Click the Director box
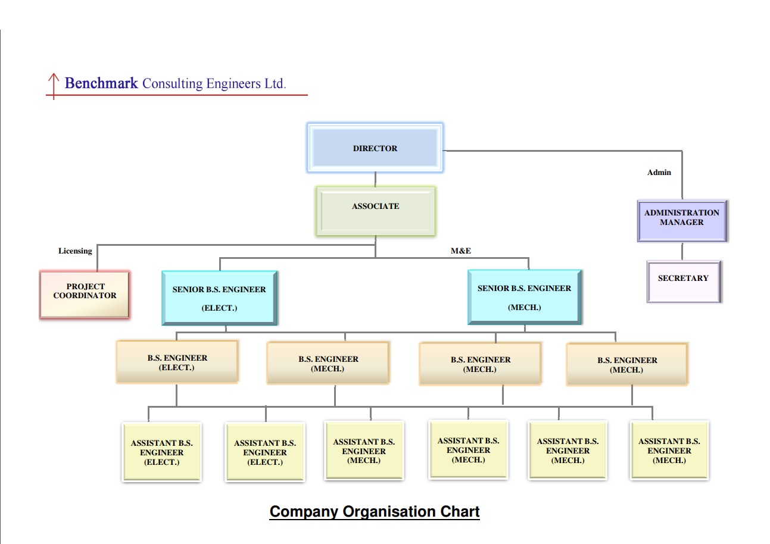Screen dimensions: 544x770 (x=375, y=148)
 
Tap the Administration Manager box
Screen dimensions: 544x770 (x=682, y=220)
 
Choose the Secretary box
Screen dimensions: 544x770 (x=684, y=282)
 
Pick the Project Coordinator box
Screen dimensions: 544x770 (x=85, y=295)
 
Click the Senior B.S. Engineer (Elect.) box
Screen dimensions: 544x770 (x=219, y=298)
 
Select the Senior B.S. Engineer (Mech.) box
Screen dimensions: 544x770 (x=525, y=297)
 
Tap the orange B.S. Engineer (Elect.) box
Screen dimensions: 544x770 (x=177, y=362)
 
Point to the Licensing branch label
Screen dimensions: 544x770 (x=75, y=251)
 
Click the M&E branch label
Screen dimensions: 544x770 (x=460, y=251)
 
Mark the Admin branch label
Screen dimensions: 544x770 (x=659, y=173)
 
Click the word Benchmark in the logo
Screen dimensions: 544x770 (x=101, y=83)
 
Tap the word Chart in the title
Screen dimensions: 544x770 (x=460, y=511)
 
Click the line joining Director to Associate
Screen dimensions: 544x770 (x=375, y=179)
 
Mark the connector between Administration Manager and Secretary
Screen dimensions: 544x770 (x=682, y=251)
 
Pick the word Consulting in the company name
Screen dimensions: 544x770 (x=173, y=84)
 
